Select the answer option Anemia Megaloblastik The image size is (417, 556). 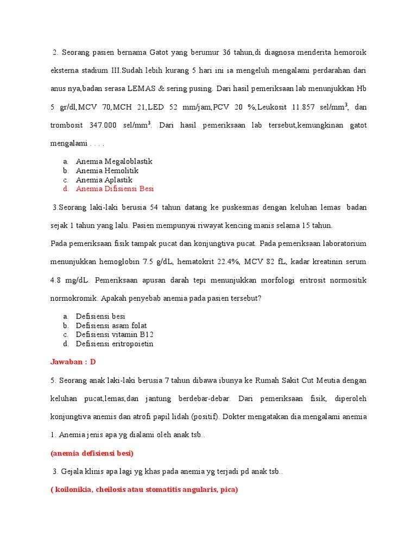tap(114, 161)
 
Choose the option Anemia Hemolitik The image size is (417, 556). tap(107, 170)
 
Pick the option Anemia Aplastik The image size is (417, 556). tap(104, 180)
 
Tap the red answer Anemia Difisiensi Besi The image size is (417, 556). tap(115, 189)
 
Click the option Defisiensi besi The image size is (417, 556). tap(100, 316)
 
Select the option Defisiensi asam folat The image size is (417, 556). tap(111, 325)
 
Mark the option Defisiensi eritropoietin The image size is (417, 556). tap(115, 344)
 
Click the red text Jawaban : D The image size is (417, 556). tap(73, 362)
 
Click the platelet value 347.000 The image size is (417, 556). tap(100, 125)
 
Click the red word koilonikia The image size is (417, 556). tap(73, 490)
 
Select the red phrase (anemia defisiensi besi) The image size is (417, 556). tap(92, 453)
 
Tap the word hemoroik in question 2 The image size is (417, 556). tap(349, 52)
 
